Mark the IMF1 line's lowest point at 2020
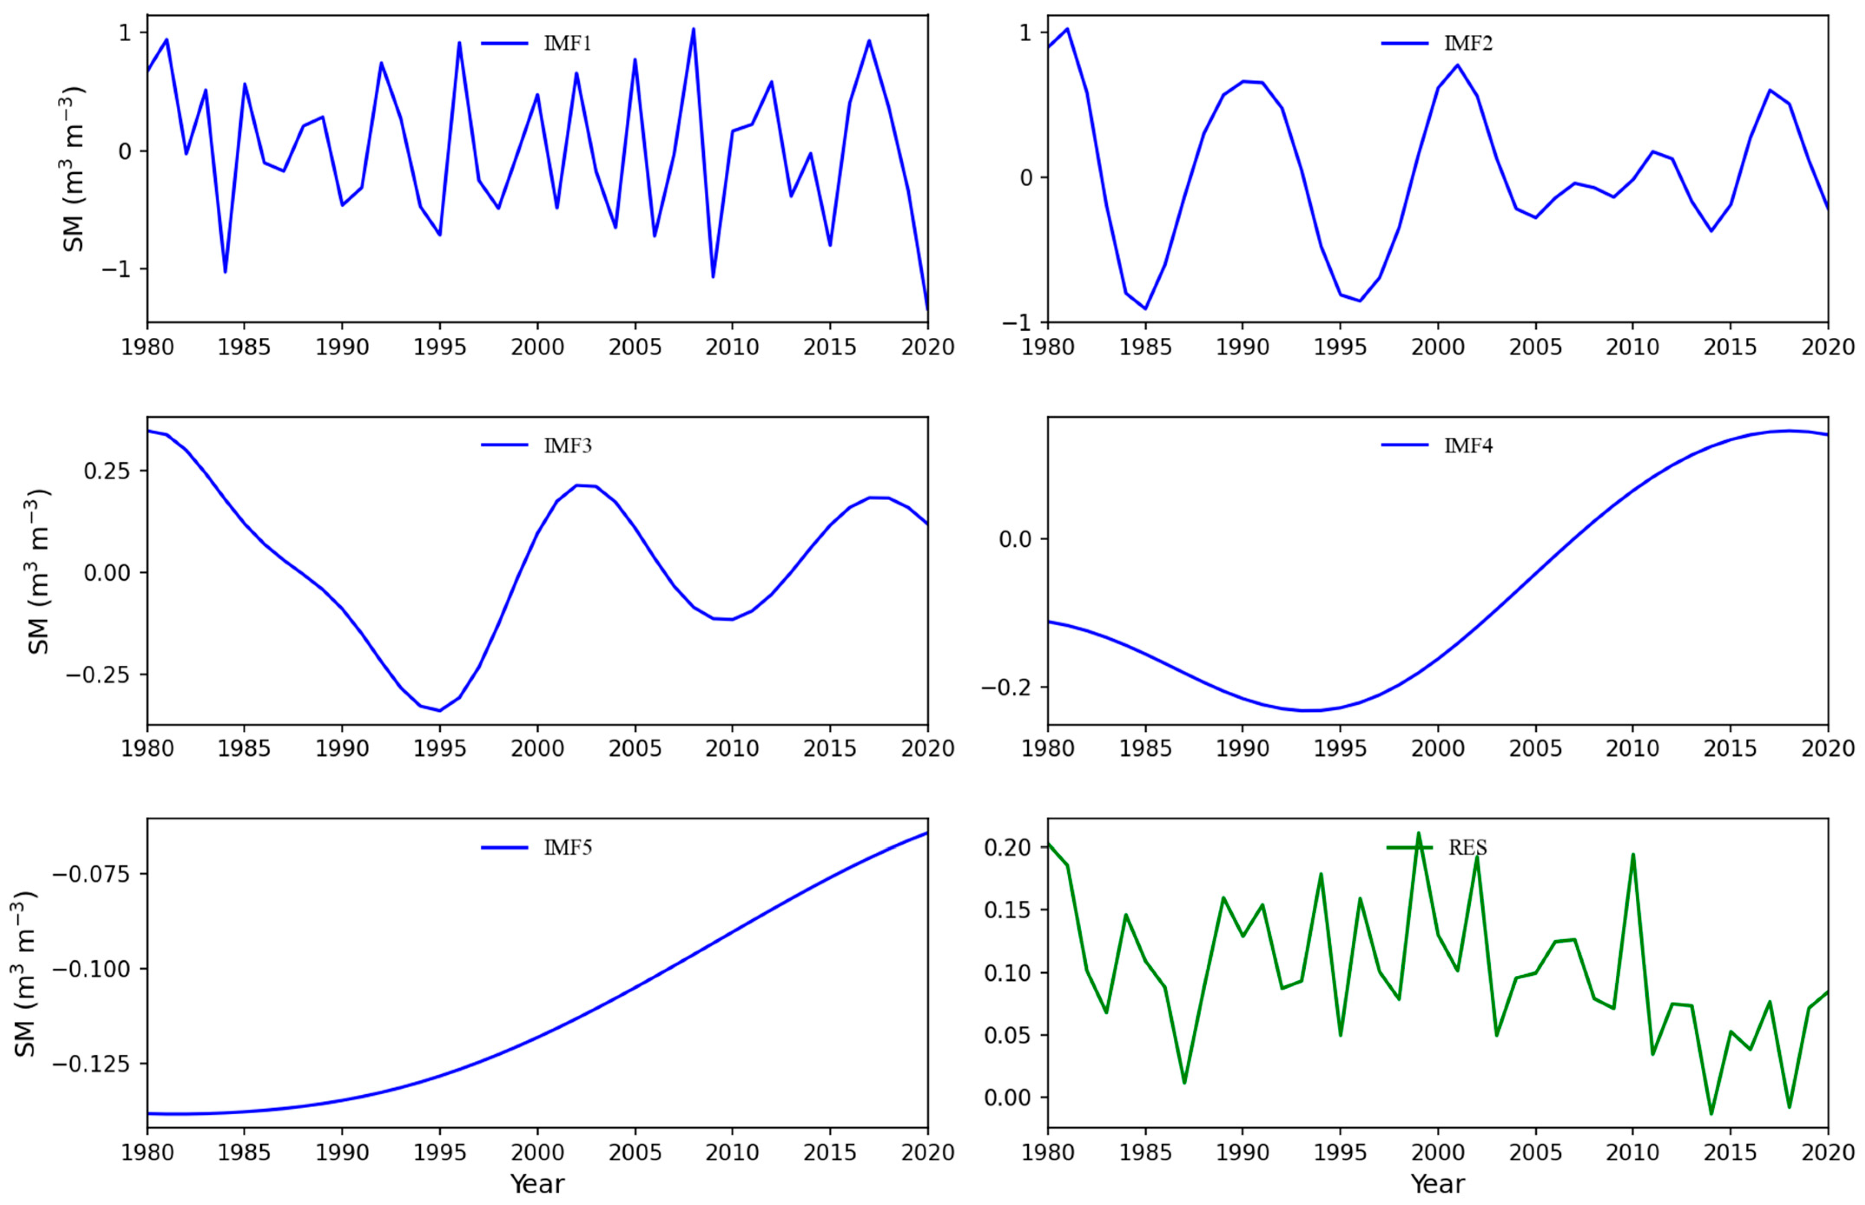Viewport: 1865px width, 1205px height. pyautogui.click(x=927, y=310)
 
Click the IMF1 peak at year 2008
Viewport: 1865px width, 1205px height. pyautogui.click(x=693, y=29)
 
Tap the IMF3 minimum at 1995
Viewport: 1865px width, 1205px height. pyautogui.click(x=439, y=710)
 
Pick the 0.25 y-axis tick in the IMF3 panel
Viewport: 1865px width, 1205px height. pyautogui.click(x=108, y=471)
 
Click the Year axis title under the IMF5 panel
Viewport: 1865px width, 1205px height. pyautogui.click(x=537, y=1184)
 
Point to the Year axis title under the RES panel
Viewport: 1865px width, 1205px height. pyautogui.click(x=1437, y=1184)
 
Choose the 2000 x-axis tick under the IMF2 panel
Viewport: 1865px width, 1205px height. pyautogui.click(x=1437, y=347)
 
